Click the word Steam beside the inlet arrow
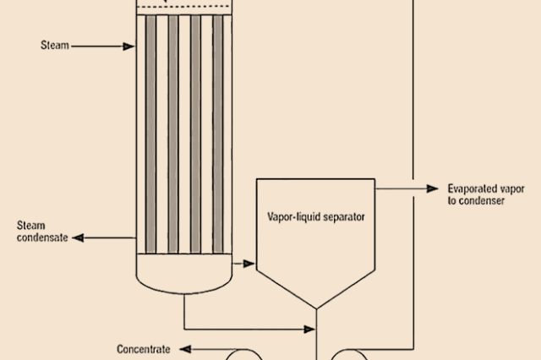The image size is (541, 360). pyautogui.click(x=55, y=45)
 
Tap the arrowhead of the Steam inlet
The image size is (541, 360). pyautogui.click(x=128, y=46)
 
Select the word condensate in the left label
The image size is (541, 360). pyautogui.click(x=42, y=237)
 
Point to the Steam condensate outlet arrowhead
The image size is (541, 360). pyautogui.click(x=79, y=237)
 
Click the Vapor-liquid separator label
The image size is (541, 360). pyautogui.click(x=316, y=217)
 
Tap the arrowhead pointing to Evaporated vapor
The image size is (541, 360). pyautogui.click(x=433, y=188)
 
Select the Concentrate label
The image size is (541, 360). pyautogui.click(x=144, y=349)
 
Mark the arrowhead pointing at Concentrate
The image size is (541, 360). pyautogui.click(x=186, y=349)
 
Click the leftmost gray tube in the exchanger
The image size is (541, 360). pyautogui.click(x=150, y=134)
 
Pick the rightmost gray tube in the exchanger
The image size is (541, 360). pyautogui.click(x=218, y=134)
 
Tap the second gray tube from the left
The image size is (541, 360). pyautogui.click(x=173, y=134)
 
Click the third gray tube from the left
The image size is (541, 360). pyautogui.click(x=195, y=134)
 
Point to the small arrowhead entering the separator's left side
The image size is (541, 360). pyautogui.click(x=249, y=264)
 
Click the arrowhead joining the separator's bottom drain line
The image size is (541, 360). pyautogui.click(x=309, y=330)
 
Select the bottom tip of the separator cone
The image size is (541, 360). pyautogui.click(x=316, y=308)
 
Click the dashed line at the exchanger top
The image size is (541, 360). pyautogui.click(x=184, y=6)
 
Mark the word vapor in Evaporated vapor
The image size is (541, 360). pyautogui.click(x=512, y=189)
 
